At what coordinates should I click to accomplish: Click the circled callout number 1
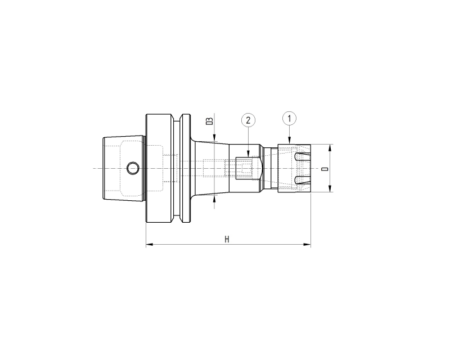click(x=289, y=118)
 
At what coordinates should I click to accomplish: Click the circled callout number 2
click(x=248, y=120)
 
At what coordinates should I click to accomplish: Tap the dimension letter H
click(x=227, y=240)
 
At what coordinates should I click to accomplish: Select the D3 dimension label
click(x=210, y=121)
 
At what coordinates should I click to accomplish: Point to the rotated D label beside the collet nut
click(x=325, y=169)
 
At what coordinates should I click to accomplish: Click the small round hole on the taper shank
click(x=133, y=168)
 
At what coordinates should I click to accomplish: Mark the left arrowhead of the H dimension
click(x=150, y=245)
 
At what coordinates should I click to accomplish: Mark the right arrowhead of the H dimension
click(x=307, y=245)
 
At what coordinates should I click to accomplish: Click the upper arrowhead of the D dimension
click(x=330, y=148)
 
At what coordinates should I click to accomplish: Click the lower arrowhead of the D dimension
click(x=330, y=188)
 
